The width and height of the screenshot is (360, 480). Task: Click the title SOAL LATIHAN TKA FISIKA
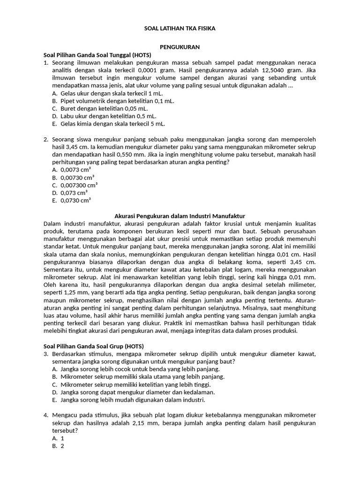[180, 29]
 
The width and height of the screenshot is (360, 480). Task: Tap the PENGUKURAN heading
[180, 47]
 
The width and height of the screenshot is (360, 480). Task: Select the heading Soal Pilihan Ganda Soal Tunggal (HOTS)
[94, 55]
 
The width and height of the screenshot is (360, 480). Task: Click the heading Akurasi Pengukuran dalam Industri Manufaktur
[180, 216]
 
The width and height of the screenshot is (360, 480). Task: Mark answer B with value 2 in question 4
[61, 446]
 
